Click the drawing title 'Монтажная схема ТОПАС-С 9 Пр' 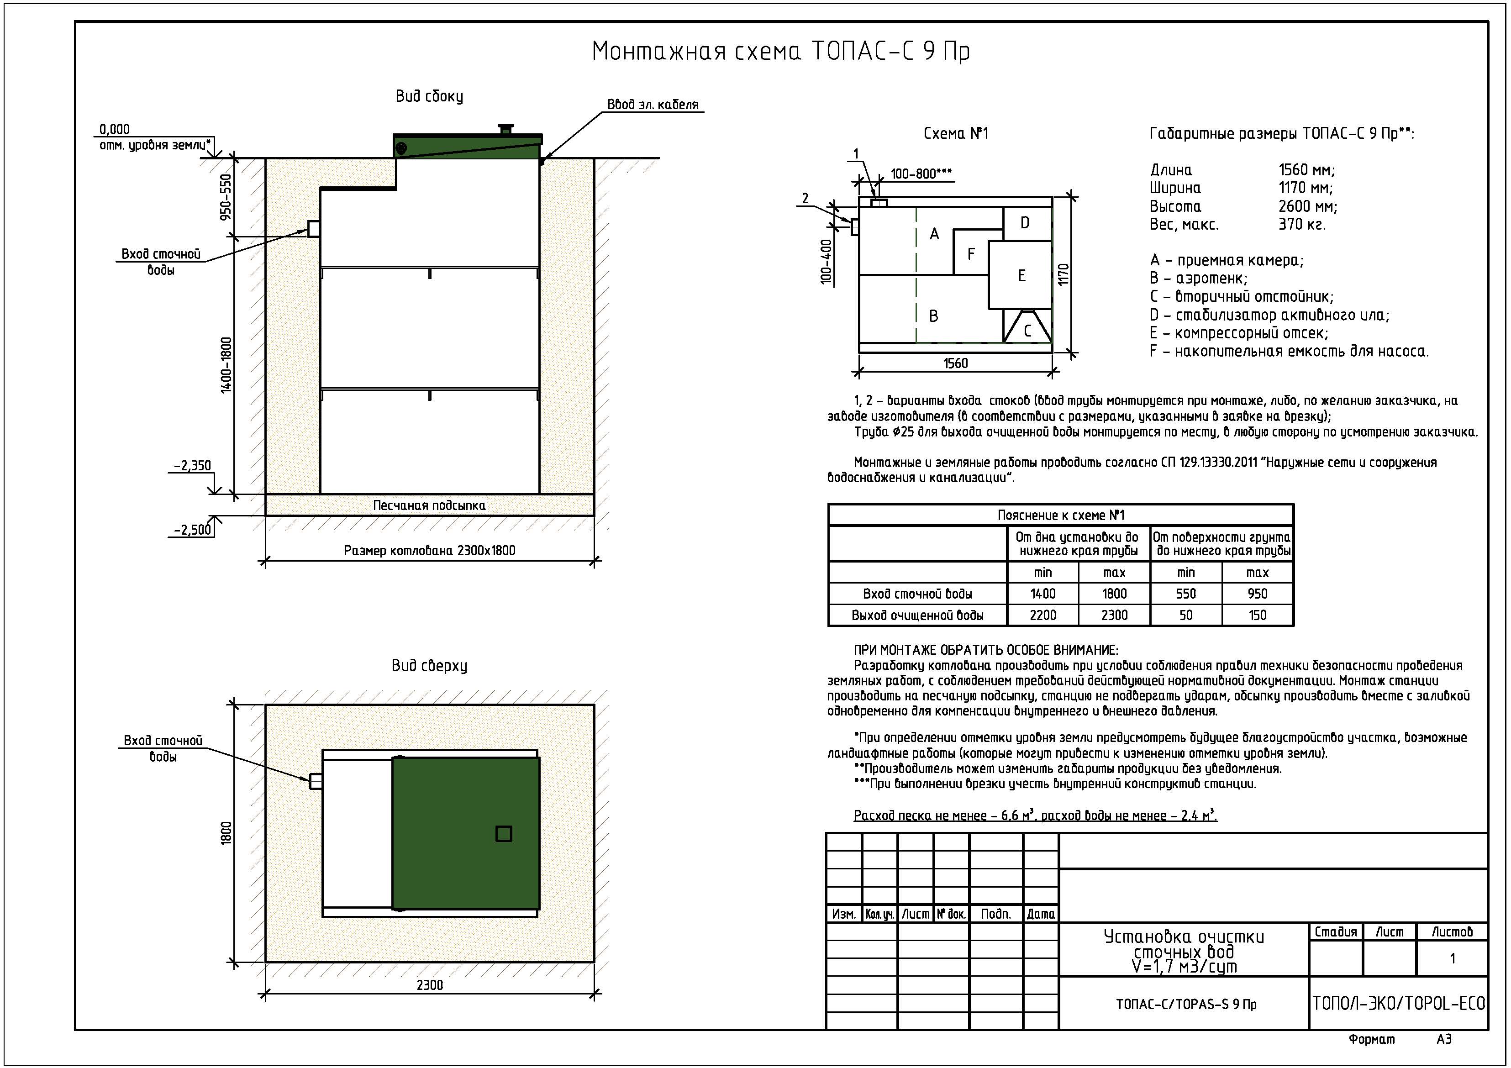(x=781, y=51)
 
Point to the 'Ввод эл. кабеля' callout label (x=653, y=105)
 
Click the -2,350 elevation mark (x=192, y=466)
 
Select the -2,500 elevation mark (x=192, y=530)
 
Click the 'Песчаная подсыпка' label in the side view (x=429, y=505)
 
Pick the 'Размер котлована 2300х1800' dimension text (x=429, y=551)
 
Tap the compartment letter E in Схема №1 (x=1021, y=276)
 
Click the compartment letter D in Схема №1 (x=1025, y=223)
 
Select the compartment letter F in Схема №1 (x=971, y=254)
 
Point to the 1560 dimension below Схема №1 (x=956, y=363)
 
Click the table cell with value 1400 (x=1042, y=594)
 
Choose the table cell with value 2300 (x=1114, y=615)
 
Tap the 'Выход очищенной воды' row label (x=917, y=615)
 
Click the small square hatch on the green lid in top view (x=504, y=834)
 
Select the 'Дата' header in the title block (x=1041, y=914)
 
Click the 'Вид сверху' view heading (x=429, y=666)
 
